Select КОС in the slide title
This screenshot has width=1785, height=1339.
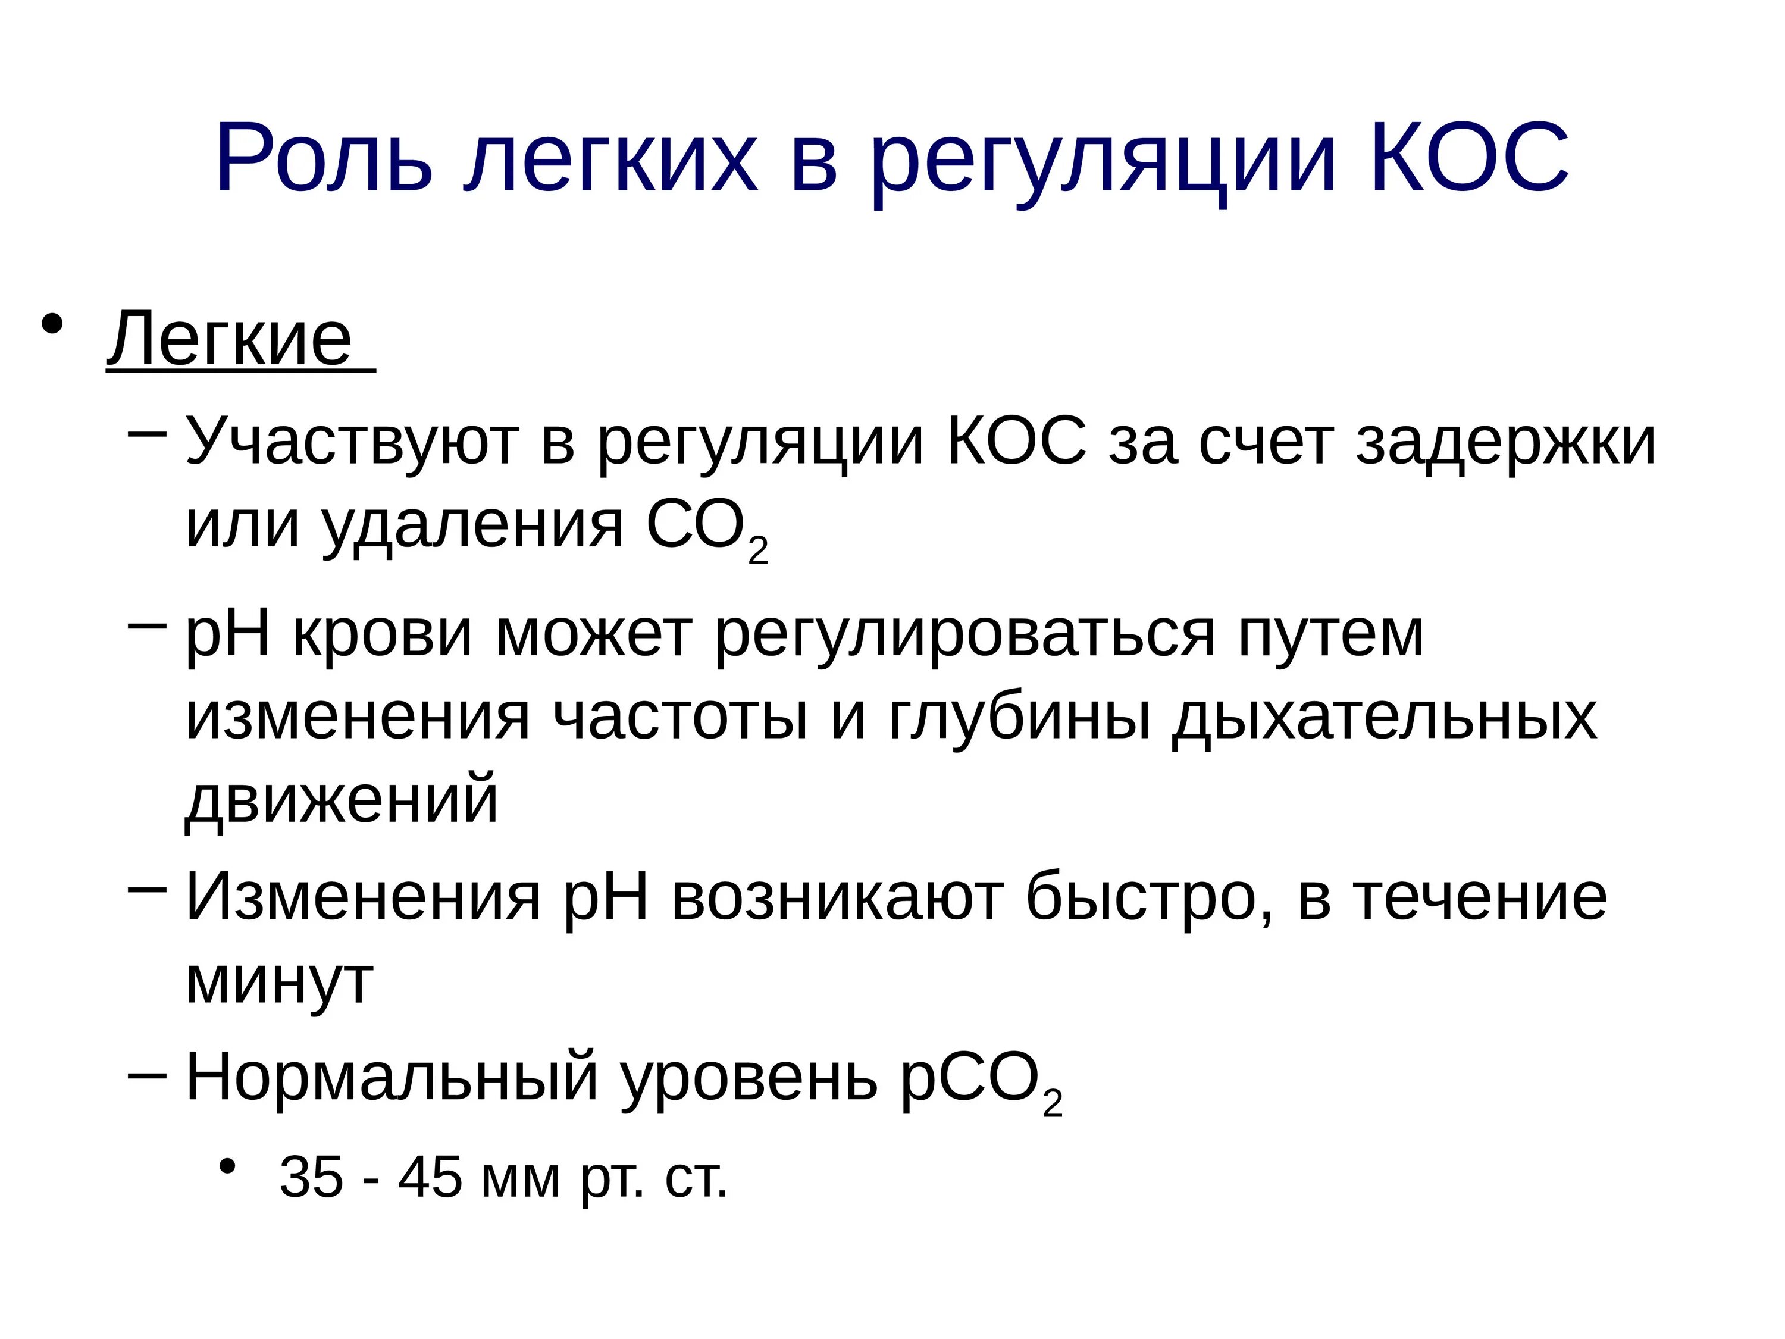(x=1468, y=158)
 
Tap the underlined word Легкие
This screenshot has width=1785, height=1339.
(x=230, y=339)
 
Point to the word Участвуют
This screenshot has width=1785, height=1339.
(x=352, y=442)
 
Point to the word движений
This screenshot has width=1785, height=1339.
(x=342, y=799)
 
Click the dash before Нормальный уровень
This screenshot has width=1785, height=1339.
(x=147, y=1075)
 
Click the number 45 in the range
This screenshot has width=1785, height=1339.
(x=430, y=1178)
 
